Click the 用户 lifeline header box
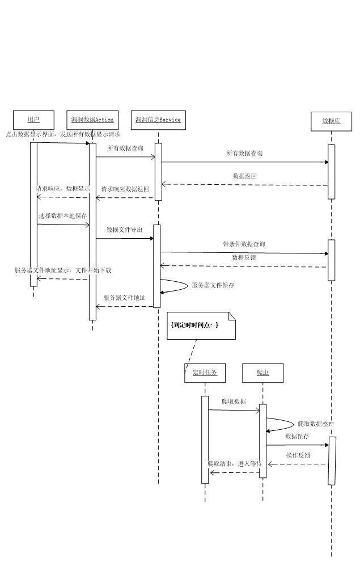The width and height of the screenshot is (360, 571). pyautogui.click(x=33, y=120)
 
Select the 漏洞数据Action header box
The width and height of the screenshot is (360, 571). pyautogui.click(x=92, y=120)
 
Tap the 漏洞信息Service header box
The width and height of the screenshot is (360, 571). pyautogui.click(x=158, y=120)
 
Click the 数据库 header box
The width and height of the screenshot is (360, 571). pyautogui.click(x=331, y=121)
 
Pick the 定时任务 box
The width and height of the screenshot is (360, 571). pyautogui.click(x=205, y=373)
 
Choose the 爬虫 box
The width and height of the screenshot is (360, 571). pyautogui.click(x=262, y=373)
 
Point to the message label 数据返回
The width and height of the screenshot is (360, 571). pyautogui.click(x=245, y=176)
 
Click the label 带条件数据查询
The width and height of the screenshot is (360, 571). pyautogui.click(x=244, y=244)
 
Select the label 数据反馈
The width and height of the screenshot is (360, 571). pyautogui.click(x=244, y=258)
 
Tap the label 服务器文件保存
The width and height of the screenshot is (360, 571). pyautogui.click(x=213, y=286)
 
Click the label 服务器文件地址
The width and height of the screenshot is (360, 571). pyautogui.click(x=125, y=298)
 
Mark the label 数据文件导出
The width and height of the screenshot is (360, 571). pyautogui.click(x=125, y=230)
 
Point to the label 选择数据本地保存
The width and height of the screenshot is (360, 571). pyautogui.click(x=63, y=216)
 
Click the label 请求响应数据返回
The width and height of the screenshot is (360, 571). pyautogui.click(x=125, y=189)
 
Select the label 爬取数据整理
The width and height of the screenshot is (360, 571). pyautogui.click(x=316, y=424)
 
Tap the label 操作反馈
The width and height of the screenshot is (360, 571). pyautogui.click(x=298, y=456)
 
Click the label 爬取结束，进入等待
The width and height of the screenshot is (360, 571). pyautogui.click(x=235, y=464)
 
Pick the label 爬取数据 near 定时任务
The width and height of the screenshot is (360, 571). pyautogui.click(x=234, y=402)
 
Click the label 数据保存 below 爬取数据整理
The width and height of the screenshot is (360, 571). pyautogui.click(x=297, y=437)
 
